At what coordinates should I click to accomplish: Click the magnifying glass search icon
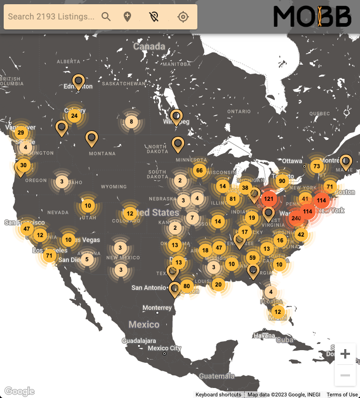pos(106,17)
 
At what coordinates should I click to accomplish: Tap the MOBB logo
pos(312,17)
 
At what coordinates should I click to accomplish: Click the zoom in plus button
pos(345,354)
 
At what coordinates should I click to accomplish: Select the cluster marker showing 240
pos(296,218)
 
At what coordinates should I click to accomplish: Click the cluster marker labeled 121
pos(269,199)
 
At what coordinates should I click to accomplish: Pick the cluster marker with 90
pos(282,181)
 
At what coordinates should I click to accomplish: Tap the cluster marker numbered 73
pos(316,166)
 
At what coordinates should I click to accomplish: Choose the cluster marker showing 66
pos(199,170)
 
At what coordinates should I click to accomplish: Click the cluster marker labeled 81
pos(233,199)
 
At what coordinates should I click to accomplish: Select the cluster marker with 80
pos(186,287)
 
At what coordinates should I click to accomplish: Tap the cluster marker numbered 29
pos(21,132)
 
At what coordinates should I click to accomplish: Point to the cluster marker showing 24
pos(74,116)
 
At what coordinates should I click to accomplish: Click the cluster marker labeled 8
pos(131,122)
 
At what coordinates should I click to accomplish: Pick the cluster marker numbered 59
pos(253,258)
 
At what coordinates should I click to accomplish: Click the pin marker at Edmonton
pos(79,81)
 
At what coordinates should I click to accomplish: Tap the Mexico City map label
pos(164,348)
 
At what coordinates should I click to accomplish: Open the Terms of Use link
pos(342,394)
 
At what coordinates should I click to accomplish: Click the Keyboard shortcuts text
pos(218,394)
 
